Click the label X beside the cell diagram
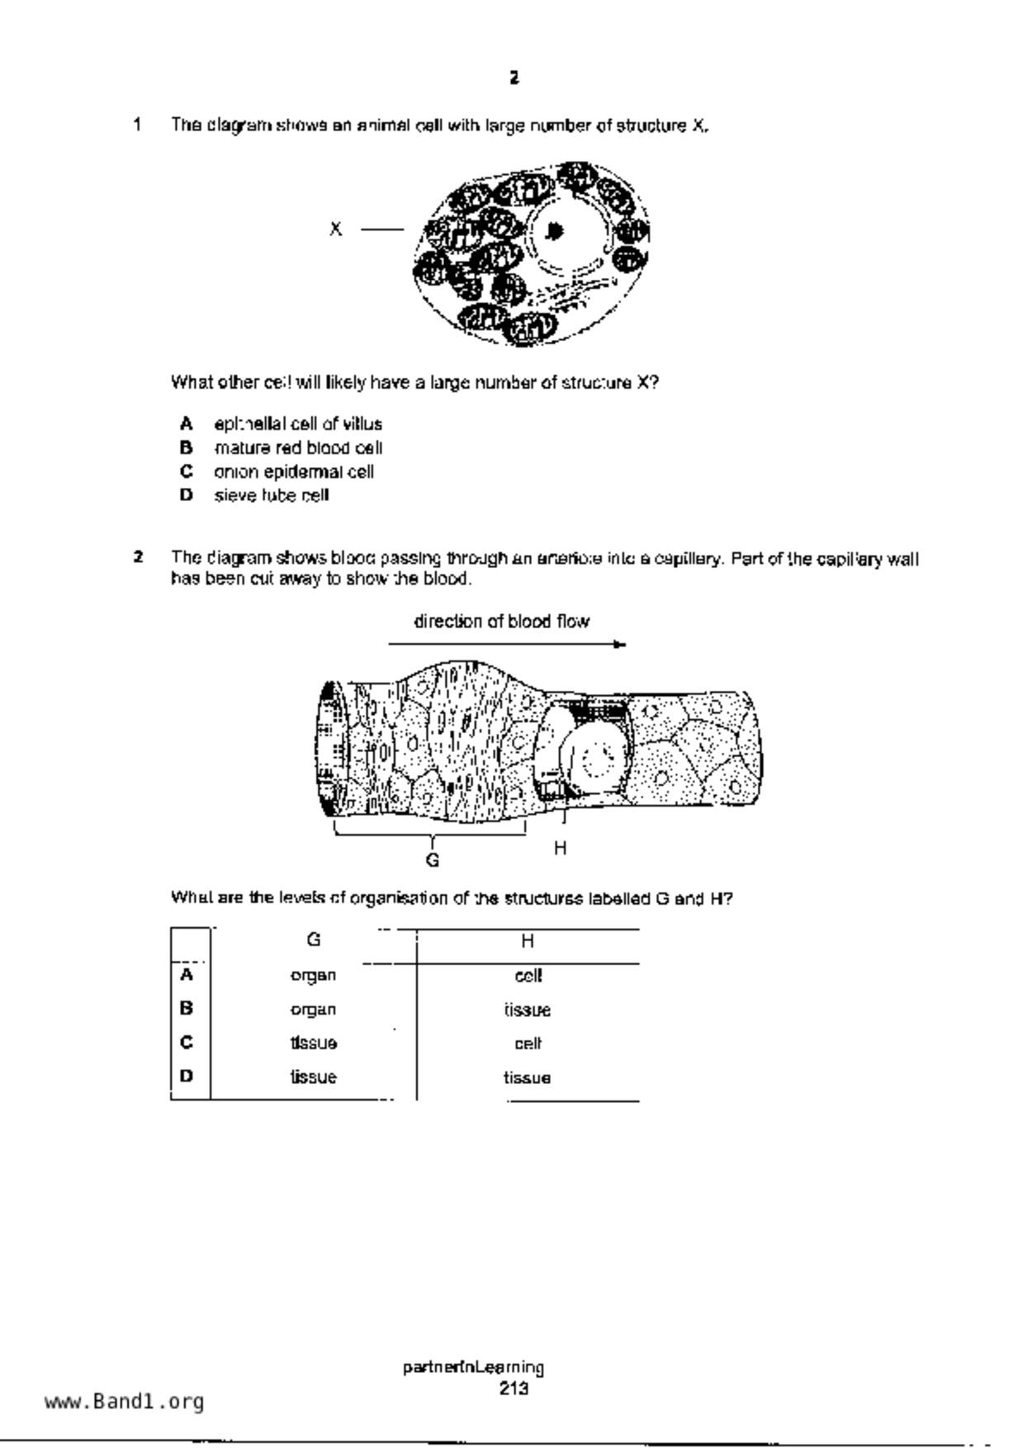335,230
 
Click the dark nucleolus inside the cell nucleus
555,232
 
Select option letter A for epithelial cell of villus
187,424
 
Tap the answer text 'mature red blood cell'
298,448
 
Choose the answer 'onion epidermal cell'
294,472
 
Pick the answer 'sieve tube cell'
272,496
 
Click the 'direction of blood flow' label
501,622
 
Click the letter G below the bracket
433,860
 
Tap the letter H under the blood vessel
560,848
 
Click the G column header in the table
314,940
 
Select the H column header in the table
528,941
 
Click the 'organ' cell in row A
314,976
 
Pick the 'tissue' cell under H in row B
528,1010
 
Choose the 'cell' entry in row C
528,1044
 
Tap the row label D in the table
187,1077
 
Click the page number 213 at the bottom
513,1389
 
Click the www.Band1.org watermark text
125,1402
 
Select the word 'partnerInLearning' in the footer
473,1368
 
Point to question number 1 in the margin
137,125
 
